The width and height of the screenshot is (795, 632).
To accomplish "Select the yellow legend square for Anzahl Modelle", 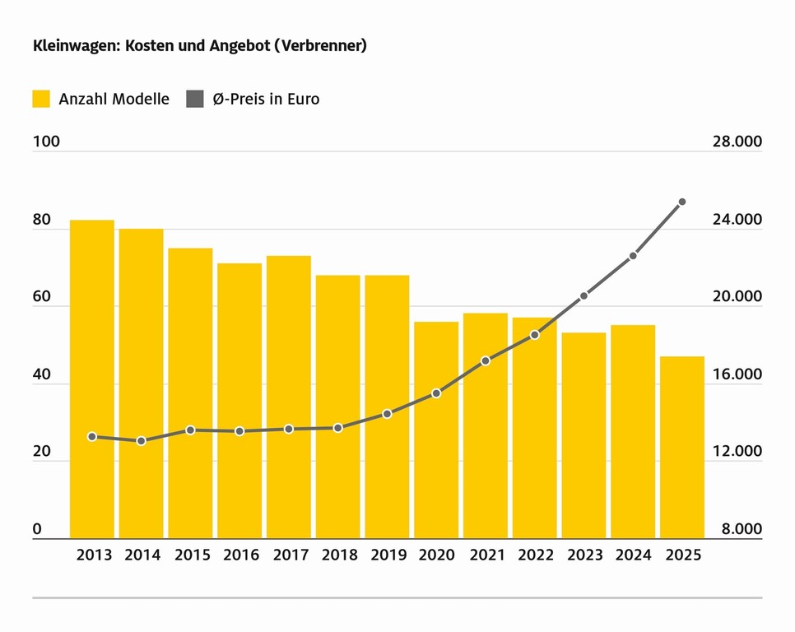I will point(42,100).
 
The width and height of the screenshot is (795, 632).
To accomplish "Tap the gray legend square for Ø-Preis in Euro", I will point(194,100).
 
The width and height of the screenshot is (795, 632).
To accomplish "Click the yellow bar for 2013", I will point(91,379).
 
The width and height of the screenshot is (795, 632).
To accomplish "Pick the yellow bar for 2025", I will point(682,448).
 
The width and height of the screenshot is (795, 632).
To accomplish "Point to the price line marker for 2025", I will point(682,202).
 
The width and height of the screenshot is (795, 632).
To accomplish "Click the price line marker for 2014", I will point(141,441).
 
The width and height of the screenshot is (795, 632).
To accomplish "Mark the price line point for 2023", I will point(583,295).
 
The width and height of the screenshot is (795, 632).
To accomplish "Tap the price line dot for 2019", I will point(387,414).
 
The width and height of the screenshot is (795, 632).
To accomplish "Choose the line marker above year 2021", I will point(486,360).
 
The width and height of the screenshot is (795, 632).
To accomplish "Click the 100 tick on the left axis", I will point(46,142).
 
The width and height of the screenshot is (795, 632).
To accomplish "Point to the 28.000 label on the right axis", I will point(736,142).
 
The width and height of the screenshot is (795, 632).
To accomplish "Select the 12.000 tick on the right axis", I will point(736,452).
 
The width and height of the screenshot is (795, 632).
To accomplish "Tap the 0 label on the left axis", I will point(37,529).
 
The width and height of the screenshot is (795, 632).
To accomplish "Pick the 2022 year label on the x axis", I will point(535,555).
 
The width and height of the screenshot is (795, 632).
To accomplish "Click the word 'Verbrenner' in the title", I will point(321,46).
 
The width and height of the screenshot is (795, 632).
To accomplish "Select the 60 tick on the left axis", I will point(42,297).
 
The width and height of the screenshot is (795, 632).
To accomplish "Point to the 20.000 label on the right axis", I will point(736,297).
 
